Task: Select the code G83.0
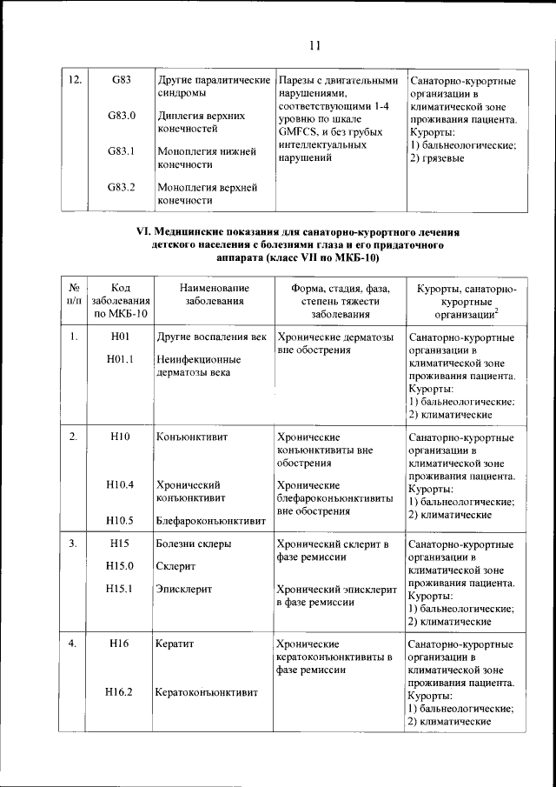(x=121, y=116)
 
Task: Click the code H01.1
(x=121, y=361)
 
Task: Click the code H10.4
(x=121, y=484)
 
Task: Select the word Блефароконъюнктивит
(x=211, y=522)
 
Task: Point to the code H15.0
(x=121, y=566)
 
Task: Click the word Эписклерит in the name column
(x=184, y=589)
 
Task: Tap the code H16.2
(x=121, y=693)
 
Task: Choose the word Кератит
(x=175, y=644)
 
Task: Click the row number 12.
(x=75, y=81)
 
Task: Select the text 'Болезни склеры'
(x=194, y=544)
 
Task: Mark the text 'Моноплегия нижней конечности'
(x=207, y=157)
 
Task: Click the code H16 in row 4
(x=121, y=644)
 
